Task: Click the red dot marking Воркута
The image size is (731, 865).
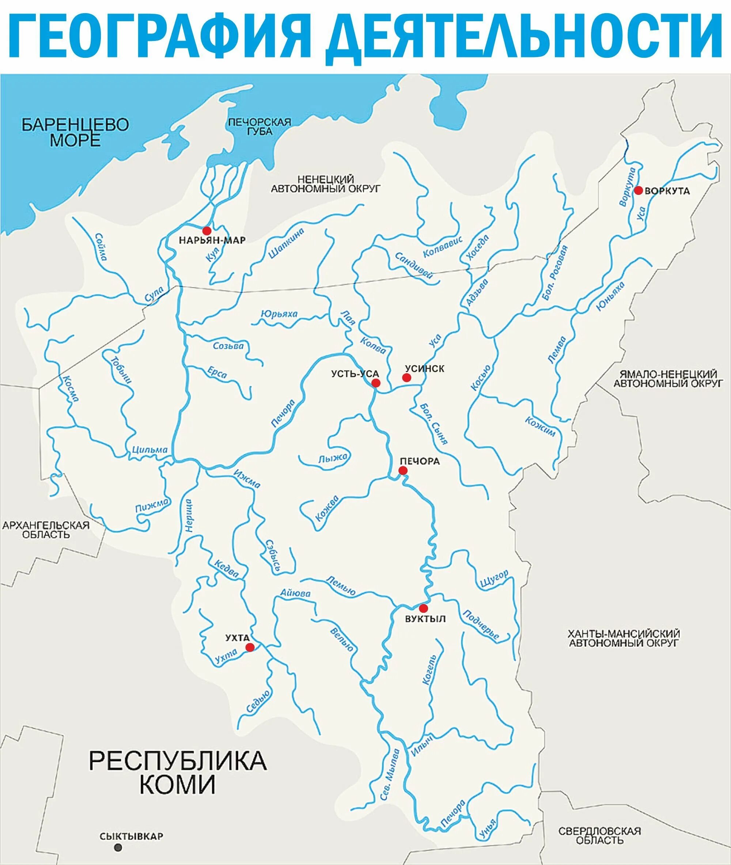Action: pyautogui.click(x=638, y=190)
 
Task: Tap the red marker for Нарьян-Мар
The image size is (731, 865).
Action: pyautogui.click(x=207, y=230)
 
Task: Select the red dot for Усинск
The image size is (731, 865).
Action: pyautogui.click(x=406, y=377)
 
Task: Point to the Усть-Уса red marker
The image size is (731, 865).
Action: pyautogui.click(x=376, y=382)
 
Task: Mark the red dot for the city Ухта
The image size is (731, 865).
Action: pyautogui.click(x=250, y=647)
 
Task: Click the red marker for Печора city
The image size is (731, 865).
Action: pyautogui.click(x=403, y=470)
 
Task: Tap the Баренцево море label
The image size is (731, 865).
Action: pyautogui.click(x=75, y=132)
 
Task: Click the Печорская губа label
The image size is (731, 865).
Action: pyautogui.click(x=260, y=127)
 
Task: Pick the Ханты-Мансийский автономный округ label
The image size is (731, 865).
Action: pyautogui.click(x=624, y=638)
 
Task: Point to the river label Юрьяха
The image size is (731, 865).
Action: pyautogui.click(x=279, y=313)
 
